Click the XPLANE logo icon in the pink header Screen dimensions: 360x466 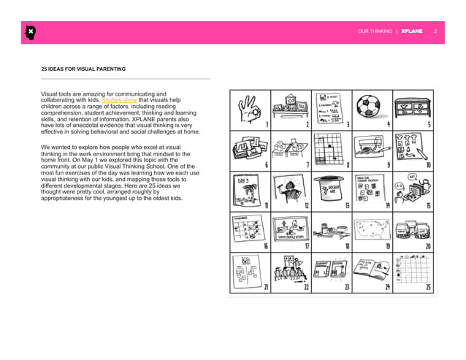(x=30, y=32)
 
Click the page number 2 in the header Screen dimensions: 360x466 (x=436, y=32)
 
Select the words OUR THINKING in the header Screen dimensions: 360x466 (x=373, y=32)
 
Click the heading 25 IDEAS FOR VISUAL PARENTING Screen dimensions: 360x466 (x=83, y=69)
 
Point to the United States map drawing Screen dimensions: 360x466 (x=374, y=230)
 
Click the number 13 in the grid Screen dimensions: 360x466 (x=348, y=206)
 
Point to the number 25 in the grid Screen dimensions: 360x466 (x=429, y=287)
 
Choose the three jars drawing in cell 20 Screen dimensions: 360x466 (x=413, y=231)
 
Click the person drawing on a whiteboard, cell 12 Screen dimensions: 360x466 (x=291, y=188)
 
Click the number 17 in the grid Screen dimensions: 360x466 (x=308, y=246)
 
